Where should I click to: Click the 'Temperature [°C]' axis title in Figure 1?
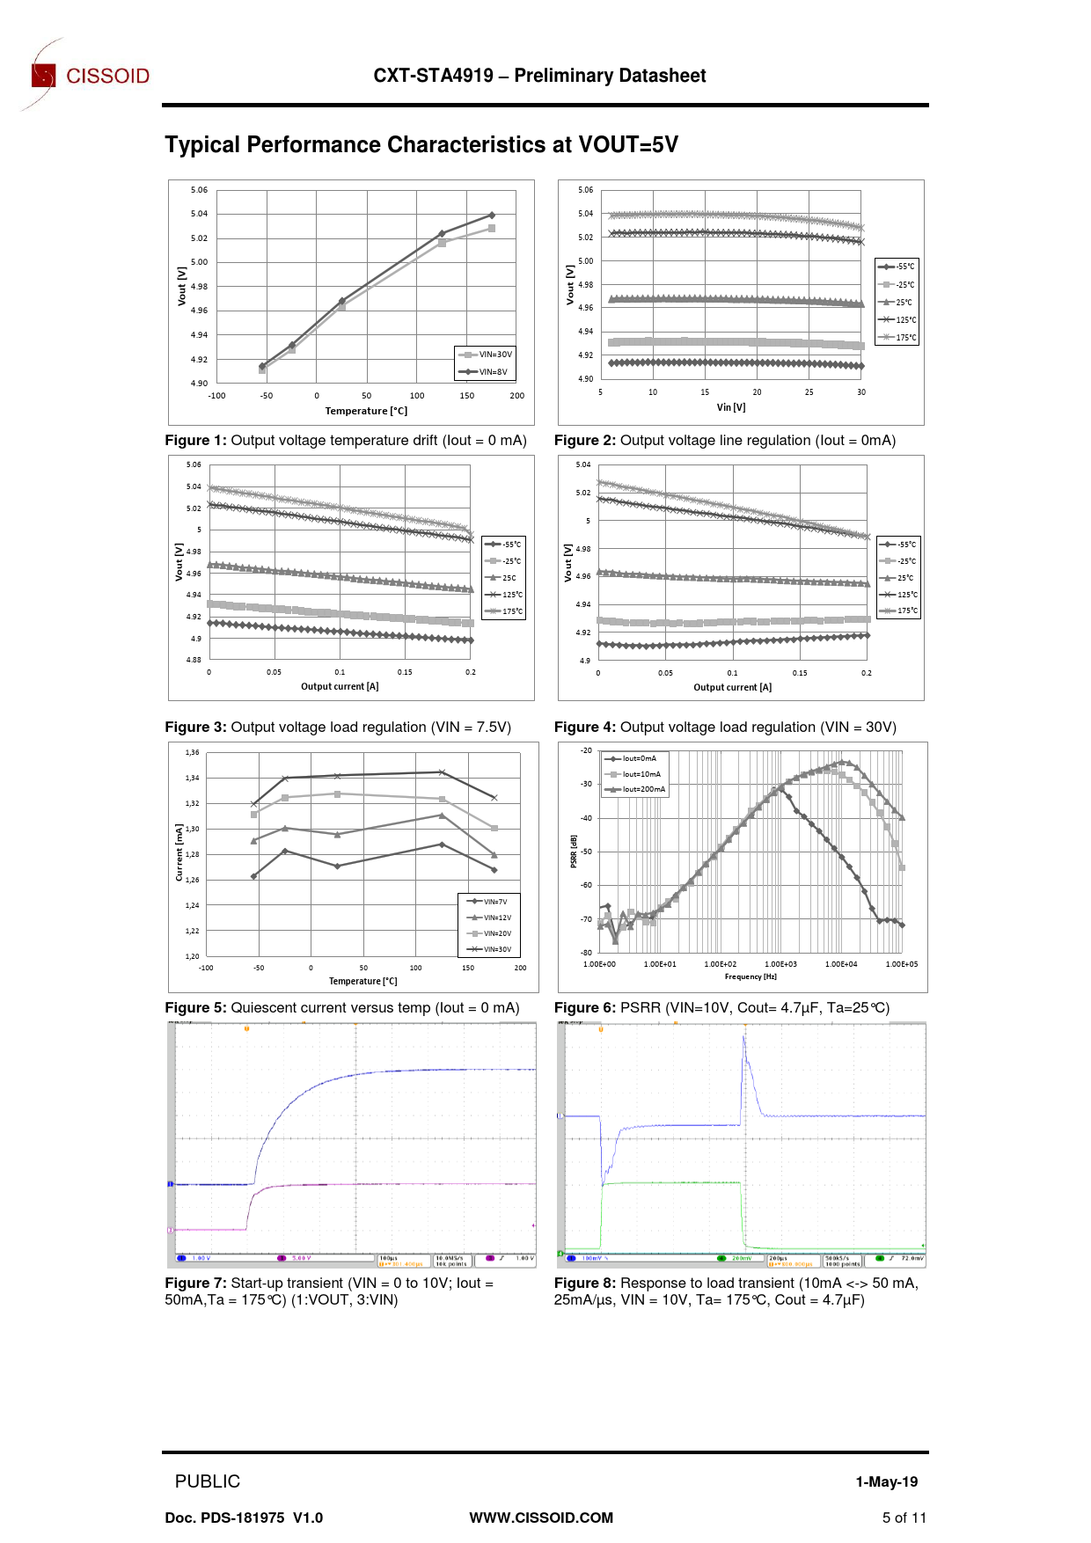point(366,411)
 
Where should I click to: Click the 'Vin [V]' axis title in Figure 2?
point(731,407)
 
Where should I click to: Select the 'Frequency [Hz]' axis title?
point(751,976)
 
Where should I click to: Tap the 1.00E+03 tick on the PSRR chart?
point(780,964)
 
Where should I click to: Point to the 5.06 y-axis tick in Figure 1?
point(200,190)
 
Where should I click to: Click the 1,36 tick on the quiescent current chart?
point(193,752)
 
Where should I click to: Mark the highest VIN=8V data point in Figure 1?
point(492,215)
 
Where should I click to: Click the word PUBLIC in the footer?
point(208,1481)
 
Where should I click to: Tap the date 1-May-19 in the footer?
point(886,1482)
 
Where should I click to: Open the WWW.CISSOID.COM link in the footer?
point(541,1517)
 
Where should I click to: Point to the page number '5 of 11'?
point(904,1517)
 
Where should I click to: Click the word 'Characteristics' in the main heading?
point(469,145)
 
